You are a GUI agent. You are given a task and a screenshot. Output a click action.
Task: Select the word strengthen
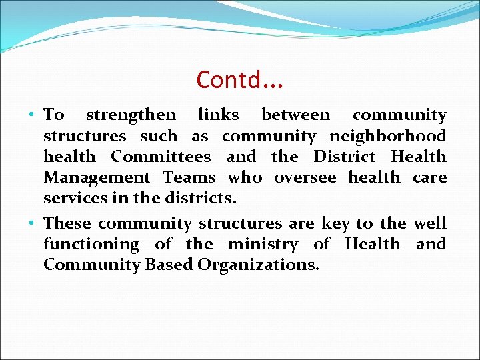coord(131,115)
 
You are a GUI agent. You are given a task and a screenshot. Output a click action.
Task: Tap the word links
coord(219,115)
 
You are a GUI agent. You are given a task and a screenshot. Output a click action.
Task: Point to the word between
coord(295,115)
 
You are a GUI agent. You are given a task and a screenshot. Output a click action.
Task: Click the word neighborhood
coord(388,137)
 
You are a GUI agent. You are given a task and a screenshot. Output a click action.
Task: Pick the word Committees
coord(161,157)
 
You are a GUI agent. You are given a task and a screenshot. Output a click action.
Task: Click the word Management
coord(97,178)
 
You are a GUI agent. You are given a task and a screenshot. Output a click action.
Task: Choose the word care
coord(429,178)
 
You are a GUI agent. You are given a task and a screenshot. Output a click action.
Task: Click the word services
coord(71,199)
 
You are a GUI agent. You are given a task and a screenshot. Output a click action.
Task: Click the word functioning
coord(91,245)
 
